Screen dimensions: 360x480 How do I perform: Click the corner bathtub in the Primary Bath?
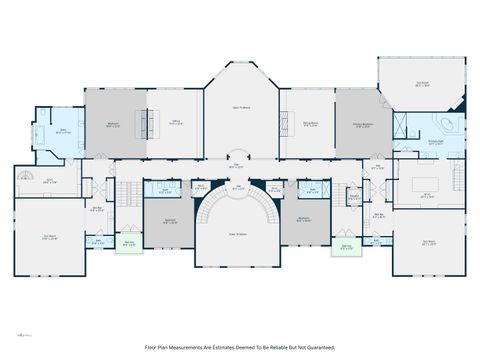coord(444,125)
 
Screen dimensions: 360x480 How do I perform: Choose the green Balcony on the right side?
coord(347,246)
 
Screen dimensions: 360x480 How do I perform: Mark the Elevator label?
coord(354,196)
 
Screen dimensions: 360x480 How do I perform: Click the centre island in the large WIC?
coord(427,185)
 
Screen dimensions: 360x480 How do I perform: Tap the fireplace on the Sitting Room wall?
coord(284,124)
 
